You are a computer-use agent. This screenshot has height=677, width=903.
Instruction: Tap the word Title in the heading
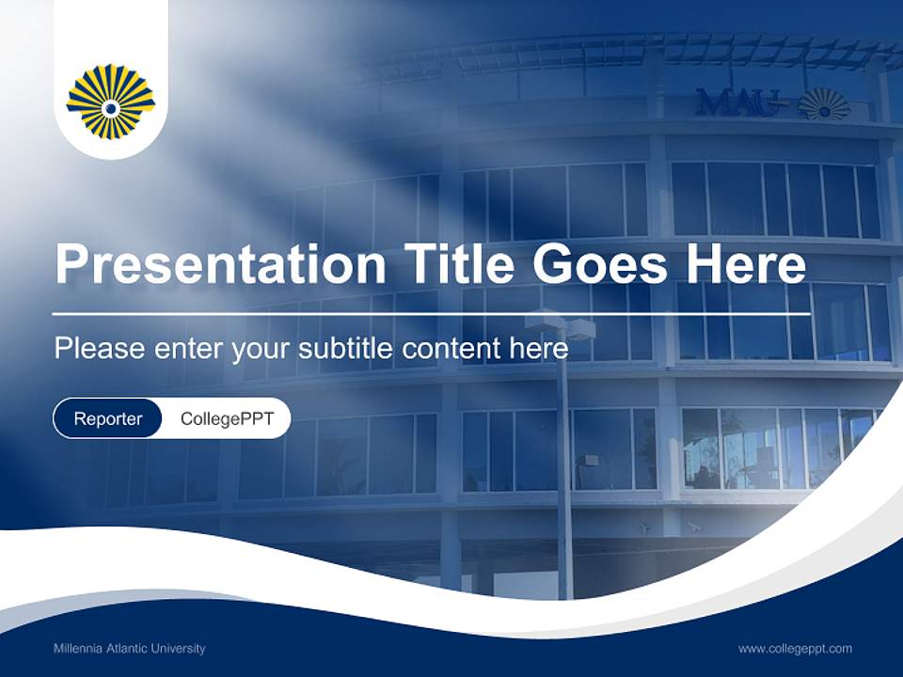coord(457,264)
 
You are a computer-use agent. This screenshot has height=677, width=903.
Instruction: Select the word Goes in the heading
coord(601,264)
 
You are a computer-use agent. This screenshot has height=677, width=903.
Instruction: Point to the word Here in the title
coord(746,264)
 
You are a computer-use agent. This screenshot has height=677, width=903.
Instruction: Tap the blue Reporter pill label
coord(108,419)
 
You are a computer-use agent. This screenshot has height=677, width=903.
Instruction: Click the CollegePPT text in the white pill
coord(227,419)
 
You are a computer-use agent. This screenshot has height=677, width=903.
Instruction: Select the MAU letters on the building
coord(740,102)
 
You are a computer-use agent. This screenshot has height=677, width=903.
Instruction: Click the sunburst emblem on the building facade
coord(824,102)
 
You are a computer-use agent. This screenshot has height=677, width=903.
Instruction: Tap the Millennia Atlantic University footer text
coord(130,649)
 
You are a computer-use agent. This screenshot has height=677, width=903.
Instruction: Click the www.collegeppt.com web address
coord(795,649)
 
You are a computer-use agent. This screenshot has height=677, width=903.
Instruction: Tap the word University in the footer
coord(179,649)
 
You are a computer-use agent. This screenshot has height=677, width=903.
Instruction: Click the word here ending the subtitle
coord(538,349)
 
